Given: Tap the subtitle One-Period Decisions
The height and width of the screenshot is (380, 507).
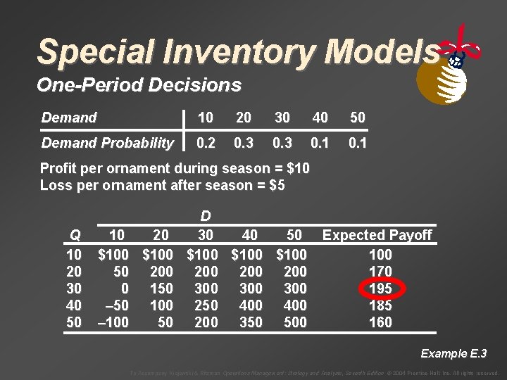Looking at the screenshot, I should (139, 85).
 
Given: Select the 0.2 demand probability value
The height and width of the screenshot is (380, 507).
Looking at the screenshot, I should (206, 143).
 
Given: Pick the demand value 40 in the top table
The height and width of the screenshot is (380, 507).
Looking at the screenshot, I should (320, 118).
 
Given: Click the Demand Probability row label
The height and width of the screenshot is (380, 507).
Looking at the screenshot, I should (107, 143).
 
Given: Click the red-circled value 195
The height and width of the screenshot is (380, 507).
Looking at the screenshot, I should (380, 289).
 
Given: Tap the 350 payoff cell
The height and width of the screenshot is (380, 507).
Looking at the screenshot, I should (251, 322).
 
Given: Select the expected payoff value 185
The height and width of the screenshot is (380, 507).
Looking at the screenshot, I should (380, 305).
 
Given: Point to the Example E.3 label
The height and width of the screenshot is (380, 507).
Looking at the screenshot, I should (453, 353).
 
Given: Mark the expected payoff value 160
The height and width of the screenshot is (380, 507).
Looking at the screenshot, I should (380, 322).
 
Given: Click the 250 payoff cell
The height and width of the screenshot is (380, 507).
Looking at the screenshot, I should (206, 305).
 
